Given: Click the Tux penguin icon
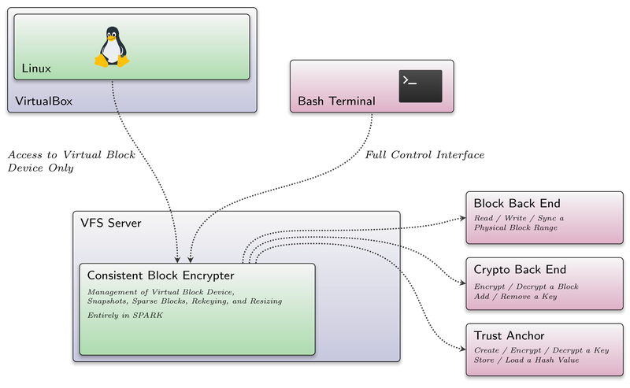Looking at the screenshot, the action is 112,46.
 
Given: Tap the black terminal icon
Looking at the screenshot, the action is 421,87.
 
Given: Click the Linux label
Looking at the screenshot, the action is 36,68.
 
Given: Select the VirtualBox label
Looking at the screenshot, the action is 44,101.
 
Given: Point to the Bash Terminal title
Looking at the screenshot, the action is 336,101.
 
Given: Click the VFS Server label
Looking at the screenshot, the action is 111,223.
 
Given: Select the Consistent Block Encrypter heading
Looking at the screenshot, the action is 161,275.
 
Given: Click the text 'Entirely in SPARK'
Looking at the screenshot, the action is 125,316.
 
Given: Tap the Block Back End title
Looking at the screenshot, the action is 517,203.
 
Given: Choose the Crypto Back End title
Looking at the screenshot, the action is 520,269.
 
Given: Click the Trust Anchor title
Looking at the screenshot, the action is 509,335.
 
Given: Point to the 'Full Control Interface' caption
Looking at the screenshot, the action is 424,155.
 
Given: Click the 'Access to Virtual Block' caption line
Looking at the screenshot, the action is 72,155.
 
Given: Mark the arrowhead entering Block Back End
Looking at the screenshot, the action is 463,219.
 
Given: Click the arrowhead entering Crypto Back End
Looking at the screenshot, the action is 463,283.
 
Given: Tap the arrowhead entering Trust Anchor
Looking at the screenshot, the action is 463,349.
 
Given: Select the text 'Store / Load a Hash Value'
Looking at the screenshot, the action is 526,360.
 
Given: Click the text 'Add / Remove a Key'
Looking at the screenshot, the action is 516,297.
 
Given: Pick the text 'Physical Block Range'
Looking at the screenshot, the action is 516,227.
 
